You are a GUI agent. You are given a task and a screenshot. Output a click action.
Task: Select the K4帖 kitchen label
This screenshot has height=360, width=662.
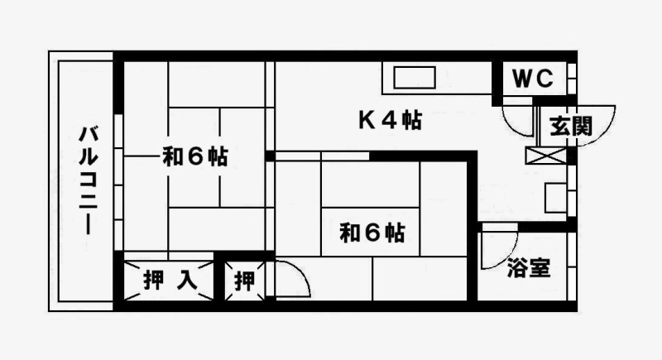390,121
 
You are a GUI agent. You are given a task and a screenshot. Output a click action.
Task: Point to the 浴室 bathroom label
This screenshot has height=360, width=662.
529,269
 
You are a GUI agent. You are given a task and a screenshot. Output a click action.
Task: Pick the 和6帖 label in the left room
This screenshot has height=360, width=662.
195,156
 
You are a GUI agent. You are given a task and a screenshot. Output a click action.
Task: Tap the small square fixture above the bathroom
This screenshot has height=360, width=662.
555,199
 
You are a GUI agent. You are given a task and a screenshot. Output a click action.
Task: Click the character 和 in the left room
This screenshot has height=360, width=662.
172,156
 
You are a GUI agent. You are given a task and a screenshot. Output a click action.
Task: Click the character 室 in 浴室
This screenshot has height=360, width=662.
540,269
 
